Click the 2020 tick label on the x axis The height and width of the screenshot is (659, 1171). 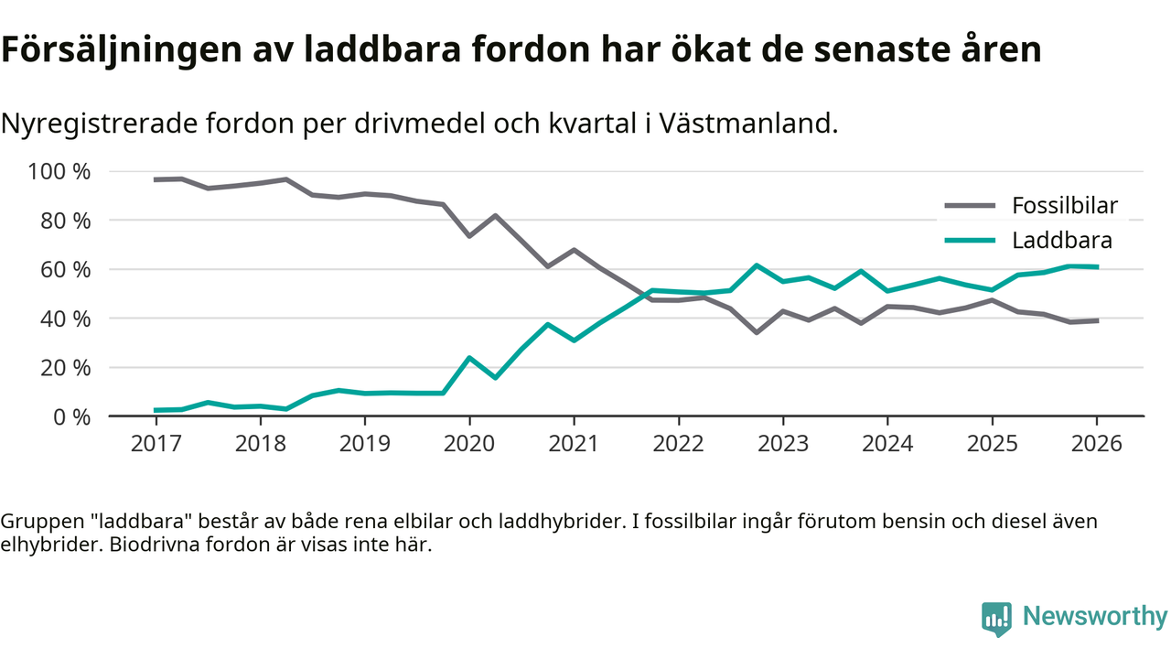[x=469, y=444]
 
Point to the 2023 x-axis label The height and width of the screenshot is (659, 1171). [x=782, y=444]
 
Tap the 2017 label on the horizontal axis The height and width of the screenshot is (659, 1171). [x=156, y=444]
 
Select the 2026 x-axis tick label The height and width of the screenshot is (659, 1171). [x=1096, y=444]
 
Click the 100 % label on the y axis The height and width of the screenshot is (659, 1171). [x=59, y=172]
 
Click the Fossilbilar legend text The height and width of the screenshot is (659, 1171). [x=1064, y=205]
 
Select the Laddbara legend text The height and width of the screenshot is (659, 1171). [x=1061, y=241]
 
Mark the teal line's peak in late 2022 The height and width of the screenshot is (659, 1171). [x=757, y=265]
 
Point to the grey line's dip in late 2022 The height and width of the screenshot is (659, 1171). [x=757, y=332]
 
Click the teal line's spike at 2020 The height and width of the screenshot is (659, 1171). [x=469, y=358]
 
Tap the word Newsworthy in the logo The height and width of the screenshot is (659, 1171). [x=1094, y=617]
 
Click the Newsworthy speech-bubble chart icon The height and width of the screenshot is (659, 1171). [x=996, y=619]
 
